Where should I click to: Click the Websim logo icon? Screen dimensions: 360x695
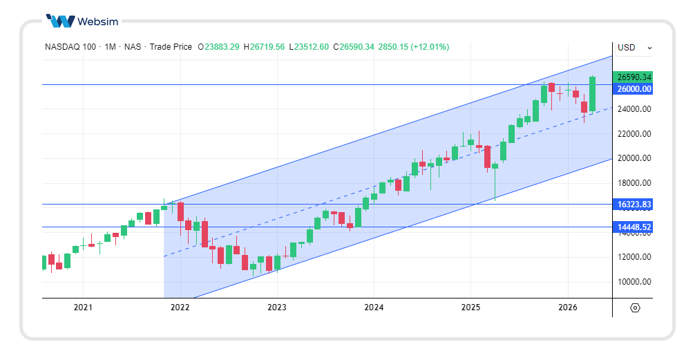tap(60, 21)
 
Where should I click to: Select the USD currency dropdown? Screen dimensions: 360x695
tap(634, 48)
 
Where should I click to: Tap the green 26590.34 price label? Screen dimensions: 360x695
tap(634, 77)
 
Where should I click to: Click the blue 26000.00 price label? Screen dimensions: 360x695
tap(634, 89)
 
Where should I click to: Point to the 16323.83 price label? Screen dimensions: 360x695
tap(634, 205)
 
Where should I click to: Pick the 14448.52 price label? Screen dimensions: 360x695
tap(634, 227)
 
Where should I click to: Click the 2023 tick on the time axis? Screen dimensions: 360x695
tap(276, 307)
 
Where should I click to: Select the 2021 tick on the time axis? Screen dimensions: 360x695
tap(83, 307)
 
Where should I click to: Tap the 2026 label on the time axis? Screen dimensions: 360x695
tap(567, 307)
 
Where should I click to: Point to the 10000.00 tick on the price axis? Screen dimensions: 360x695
tap(634, 282)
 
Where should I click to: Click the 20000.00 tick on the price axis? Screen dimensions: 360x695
tap(634, 158)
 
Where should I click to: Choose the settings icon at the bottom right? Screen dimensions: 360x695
tap(635, 308)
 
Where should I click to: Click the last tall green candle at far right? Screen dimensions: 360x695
tap(592, 94)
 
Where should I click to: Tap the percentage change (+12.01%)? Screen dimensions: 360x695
tap(430, 47)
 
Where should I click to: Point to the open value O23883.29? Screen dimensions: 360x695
tap(218, 47)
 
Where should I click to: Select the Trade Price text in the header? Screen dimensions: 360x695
tap(171, 47)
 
